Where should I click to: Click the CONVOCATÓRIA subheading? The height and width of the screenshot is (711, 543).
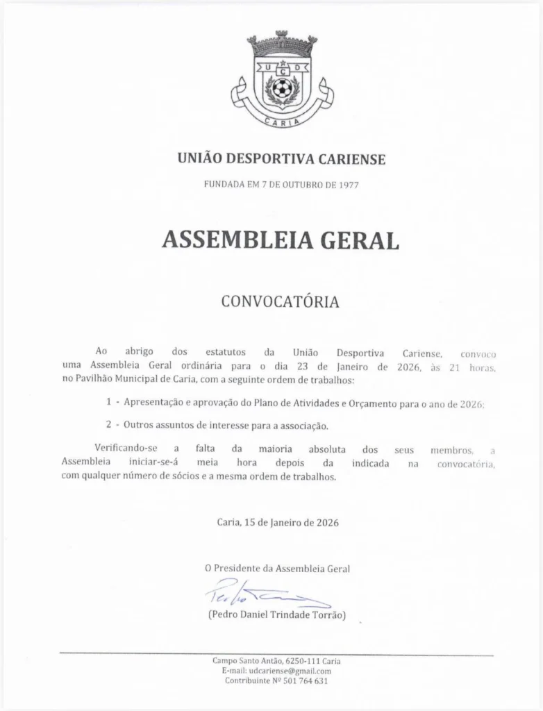point(280,302)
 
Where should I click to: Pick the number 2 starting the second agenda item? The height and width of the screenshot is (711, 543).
point(109,425)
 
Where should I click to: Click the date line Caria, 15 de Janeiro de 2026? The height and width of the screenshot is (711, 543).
point(278,522)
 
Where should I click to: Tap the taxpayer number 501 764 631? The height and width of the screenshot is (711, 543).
point(303,681)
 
